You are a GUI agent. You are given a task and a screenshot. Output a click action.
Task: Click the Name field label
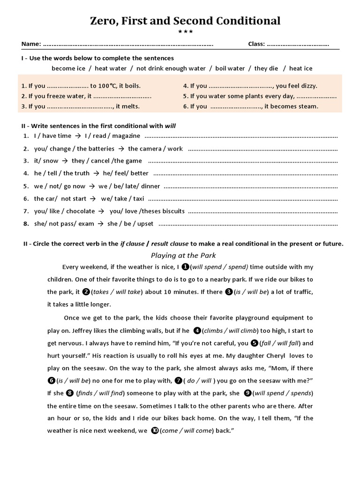31,45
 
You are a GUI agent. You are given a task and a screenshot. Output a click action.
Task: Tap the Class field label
256,45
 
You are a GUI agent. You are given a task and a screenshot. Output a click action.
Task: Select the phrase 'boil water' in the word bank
230,68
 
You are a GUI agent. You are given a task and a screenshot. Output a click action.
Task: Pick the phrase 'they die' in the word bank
266,68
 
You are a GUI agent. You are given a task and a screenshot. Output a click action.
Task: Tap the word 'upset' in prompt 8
145,224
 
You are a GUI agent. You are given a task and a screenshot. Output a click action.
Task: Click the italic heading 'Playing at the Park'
183,255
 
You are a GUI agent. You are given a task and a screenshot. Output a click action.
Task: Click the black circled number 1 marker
185,267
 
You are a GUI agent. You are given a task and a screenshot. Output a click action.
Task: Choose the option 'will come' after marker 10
198,430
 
